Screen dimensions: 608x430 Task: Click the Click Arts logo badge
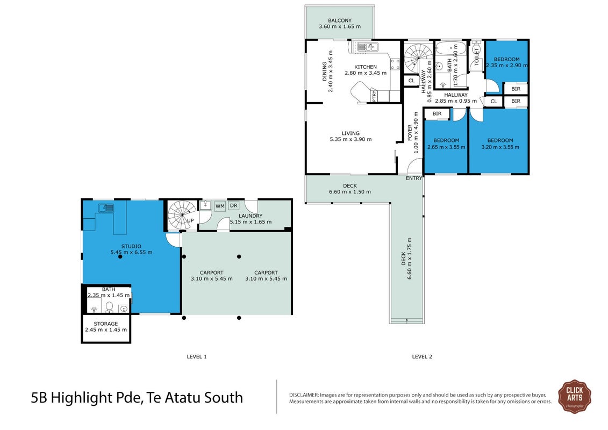point(575,396)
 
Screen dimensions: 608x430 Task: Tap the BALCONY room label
point(340,20)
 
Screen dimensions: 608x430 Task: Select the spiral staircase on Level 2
point(418,59)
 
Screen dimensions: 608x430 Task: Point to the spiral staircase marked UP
point(183,215)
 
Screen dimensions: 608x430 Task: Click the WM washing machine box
point(220,206)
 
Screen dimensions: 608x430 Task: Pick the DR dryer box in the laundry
point(233,205)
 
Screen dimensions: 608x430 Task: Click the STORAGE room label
point(106,324)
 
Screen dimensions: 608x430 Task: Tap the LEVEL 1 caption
point(197,357)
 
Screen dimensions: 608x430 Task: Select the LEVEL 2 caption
point(422,357)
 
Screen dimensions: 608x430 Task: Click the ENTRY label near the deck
point(414,178)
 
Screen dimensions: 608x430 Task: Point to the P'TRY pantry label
point(374,95)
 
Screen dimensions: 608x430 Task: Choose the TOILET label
point(476,56)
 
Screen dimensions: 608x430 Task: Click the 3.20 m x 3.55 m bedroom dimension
point(500,147)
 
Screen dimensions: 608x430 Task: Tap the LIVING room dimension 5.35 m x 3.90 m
point(351,140)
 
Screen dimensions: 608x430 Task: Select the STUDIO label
point(132,246)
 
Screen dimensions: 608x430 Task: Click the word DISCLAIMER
point(304,395)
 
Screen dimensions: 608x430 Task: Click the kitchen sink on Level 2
point(367,47)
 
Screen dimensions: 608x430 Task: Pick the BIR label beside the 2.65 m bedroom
point(437,113)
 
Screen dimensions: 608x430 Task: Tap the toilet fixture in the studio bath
point(109,307)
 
